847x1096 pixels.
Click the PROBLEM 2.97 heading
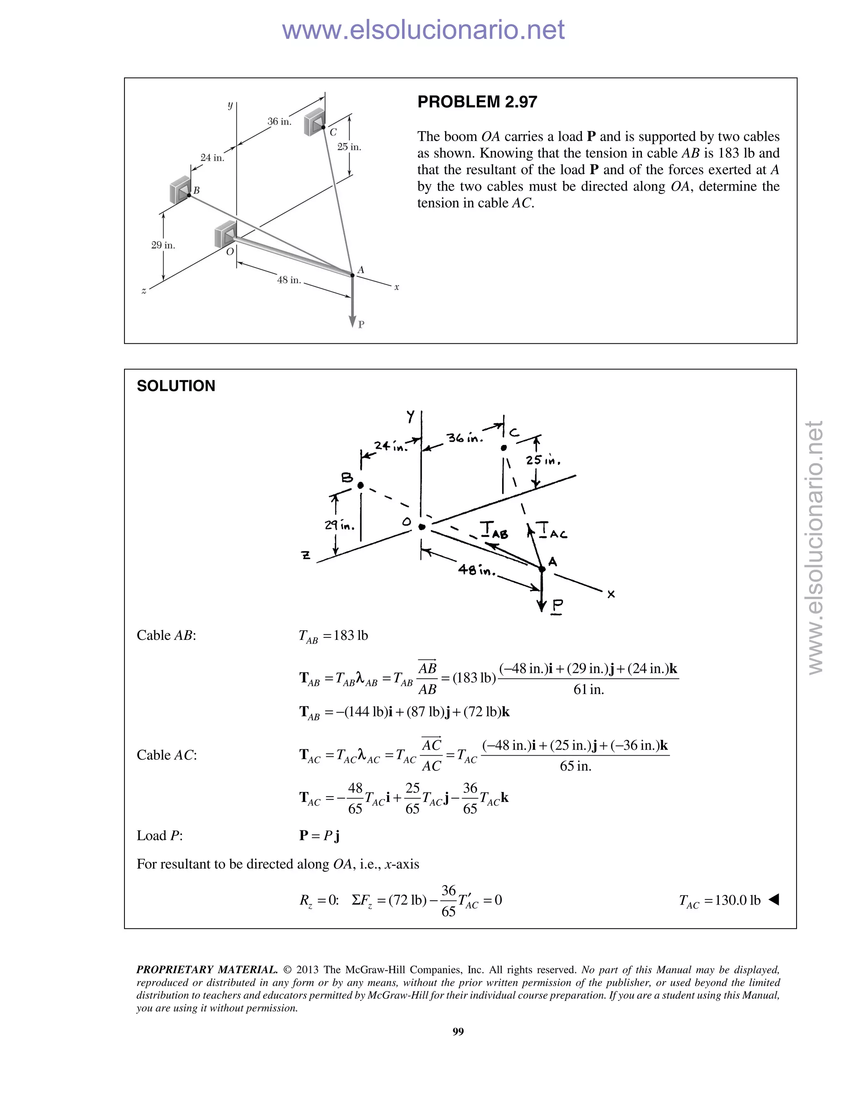[477, 102]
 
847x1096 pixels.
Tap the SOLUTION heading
[176, 386]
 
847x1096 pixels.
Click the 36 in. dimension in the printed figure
[279, 122]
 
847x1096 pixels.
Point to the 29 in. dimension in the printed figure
[163, 245]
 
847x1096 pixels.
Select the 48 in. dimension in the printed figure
[289, 280]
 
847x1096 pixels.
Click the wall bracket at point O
[225, 234]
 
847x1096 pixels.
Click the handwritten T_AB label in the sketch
[494, 530]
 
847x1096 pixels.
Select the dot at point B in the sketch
[360, 485]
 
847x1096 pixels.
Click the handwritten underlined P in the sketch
[557, 606]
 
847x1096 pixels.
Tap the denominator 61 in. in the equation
[589, 689]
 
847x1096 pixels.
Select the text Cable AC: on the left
[167, 755]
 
